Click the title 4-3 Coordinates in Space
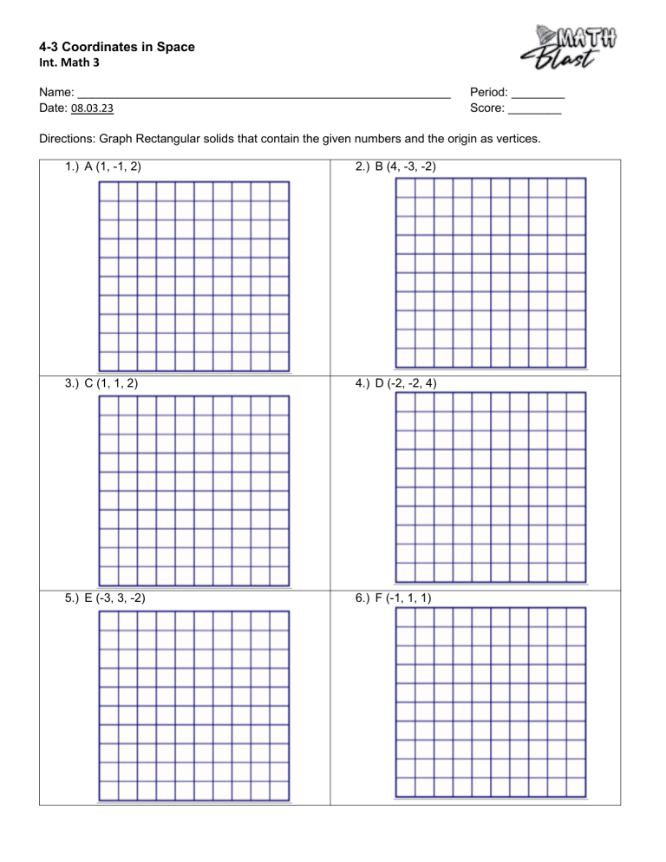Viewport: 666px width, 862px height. (x=117, y=47)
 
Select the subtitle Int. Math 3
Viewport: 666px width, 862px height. (x=72, y=63)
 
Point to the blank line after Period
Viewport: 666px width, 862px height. (x=539, y=94)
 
